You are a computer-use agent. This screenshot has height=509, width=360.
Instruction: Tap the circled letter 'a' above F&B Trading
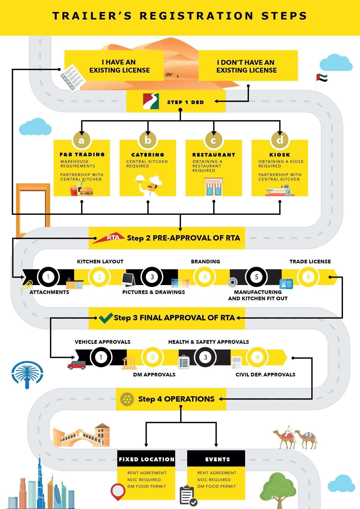click(x=81, y=140)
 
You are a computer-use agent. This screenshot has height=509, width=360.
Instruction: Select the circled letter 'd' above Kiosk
click(x=280, y=140)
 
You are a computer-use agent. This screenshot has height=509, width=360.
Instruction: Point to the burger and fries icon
click(x=82, y=190)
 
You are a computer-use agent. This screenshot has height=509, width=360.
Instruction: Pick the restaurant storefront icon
click(x=214, y=187)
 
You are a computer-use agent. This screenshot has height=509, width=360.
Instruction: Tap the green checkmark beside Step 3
click(x=106, y=318)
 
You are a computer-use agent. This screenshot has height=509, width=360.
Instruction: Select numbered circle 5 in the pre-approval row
click(x=256, y=277)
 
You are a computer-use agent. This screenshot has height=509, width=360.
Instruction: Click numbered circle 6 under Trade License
click(x=308, y=277)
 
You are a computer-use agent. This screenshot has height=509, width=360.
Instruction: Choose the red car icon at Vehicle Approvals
click(x=77, y=365)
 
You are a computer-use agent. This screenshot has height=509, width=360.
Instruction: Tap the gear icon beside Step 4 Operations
click(x=127, y=399)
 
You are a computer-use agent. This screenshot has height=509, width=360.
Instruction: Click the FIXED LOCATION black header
click(x=146, y=459)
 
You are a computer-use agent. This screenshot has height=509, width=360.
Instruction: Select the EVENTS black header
click(x=216, y=459)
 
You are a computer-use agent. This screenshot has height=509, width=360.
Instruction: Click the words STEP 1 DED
click(x=185, y=102)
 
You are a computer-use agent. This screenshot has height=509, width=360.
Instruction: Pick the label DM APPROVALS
click(x=154, y=375)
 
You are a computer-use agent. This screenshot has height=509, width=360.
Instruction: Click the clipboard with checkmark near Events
click(x=188, y=496)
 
